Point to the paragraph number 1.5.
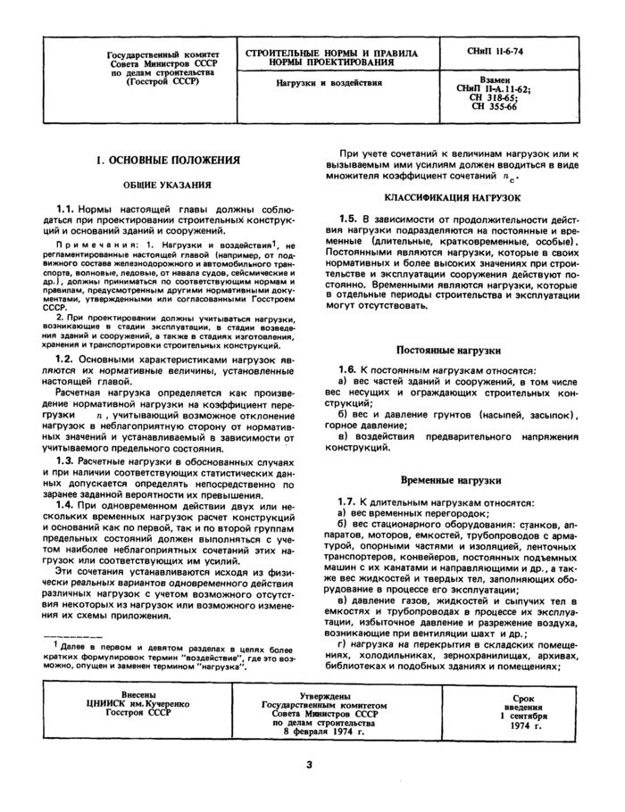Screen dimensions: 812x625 (350, 219)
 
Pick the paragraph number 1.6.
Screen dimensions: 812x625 (350, 369)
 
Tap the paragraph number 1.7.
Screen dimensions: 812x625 (350, 503)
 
